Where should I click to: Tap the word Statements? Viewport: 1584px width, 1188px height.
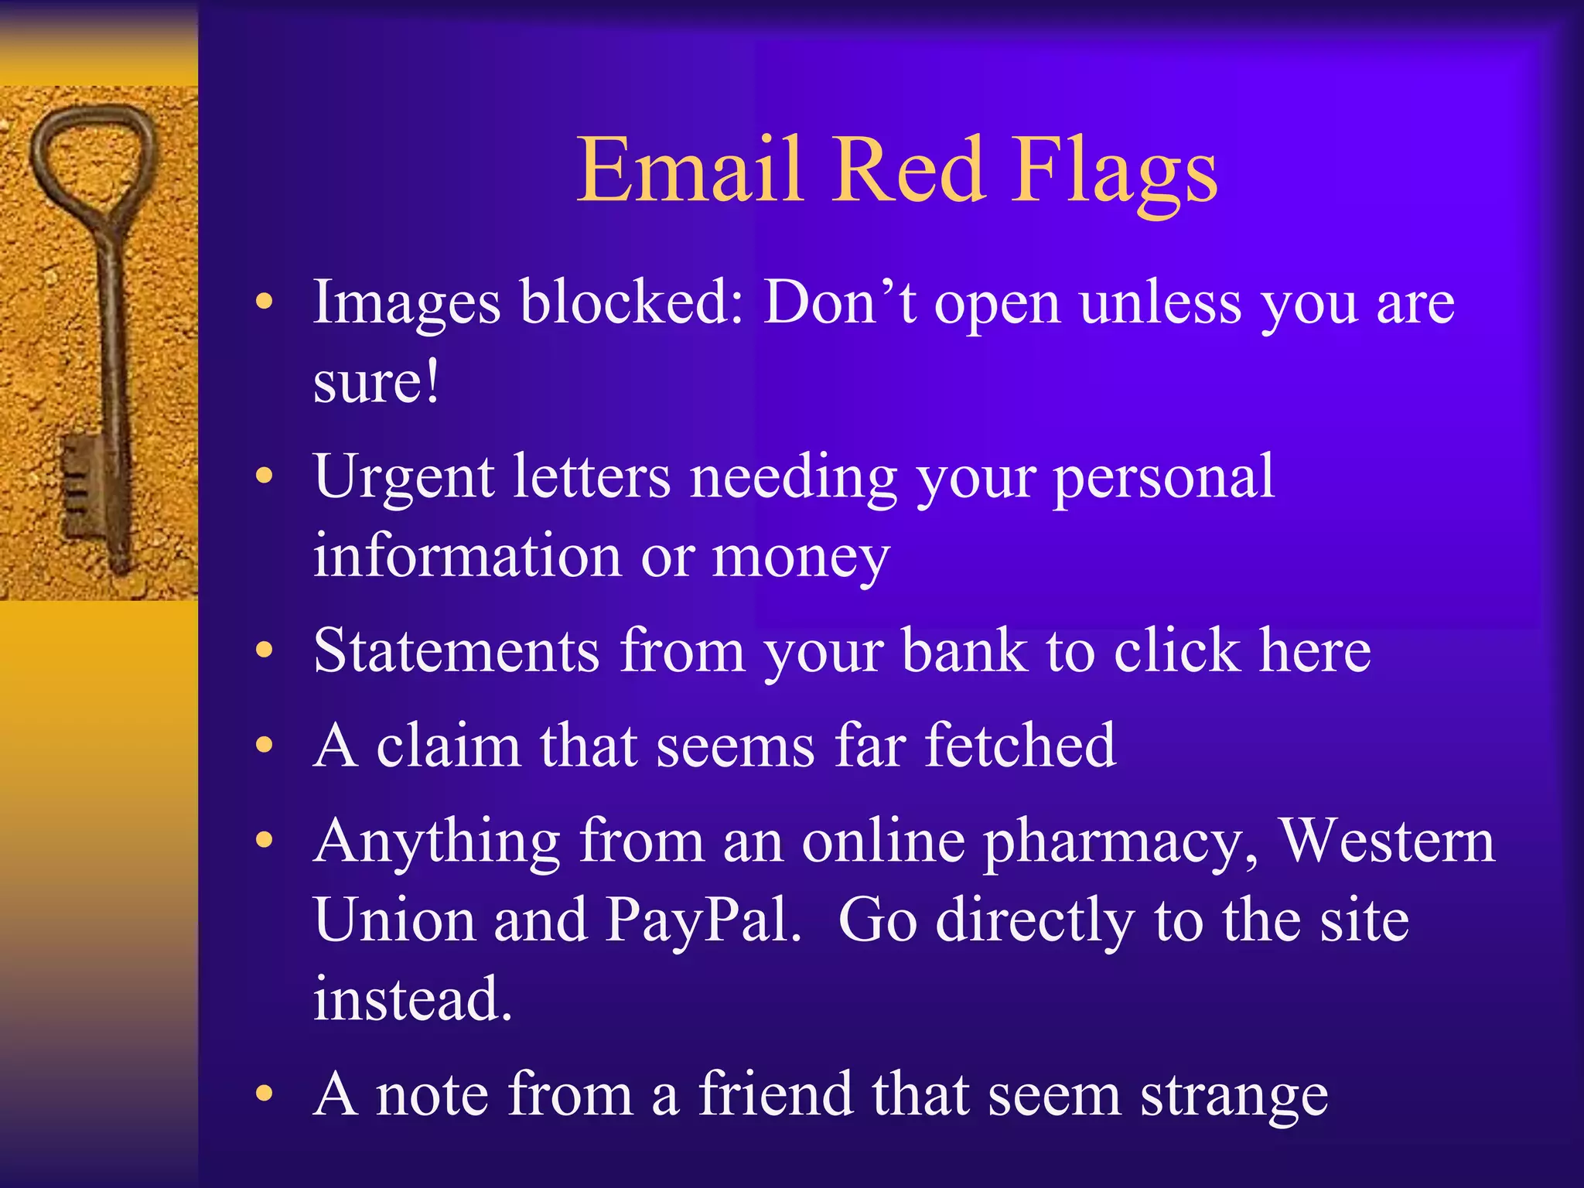456,651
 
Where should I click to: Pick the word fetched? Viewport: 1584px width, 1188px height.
1020,746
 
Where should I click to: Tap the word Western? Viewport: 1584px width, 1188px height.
1388,841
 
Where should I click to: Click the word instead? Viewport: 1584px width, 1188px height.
412,999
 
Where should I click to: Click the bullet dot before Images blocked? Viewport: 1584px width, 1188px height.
265,302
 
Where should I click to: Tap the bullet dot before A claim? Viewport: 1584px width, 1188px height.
265,746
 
